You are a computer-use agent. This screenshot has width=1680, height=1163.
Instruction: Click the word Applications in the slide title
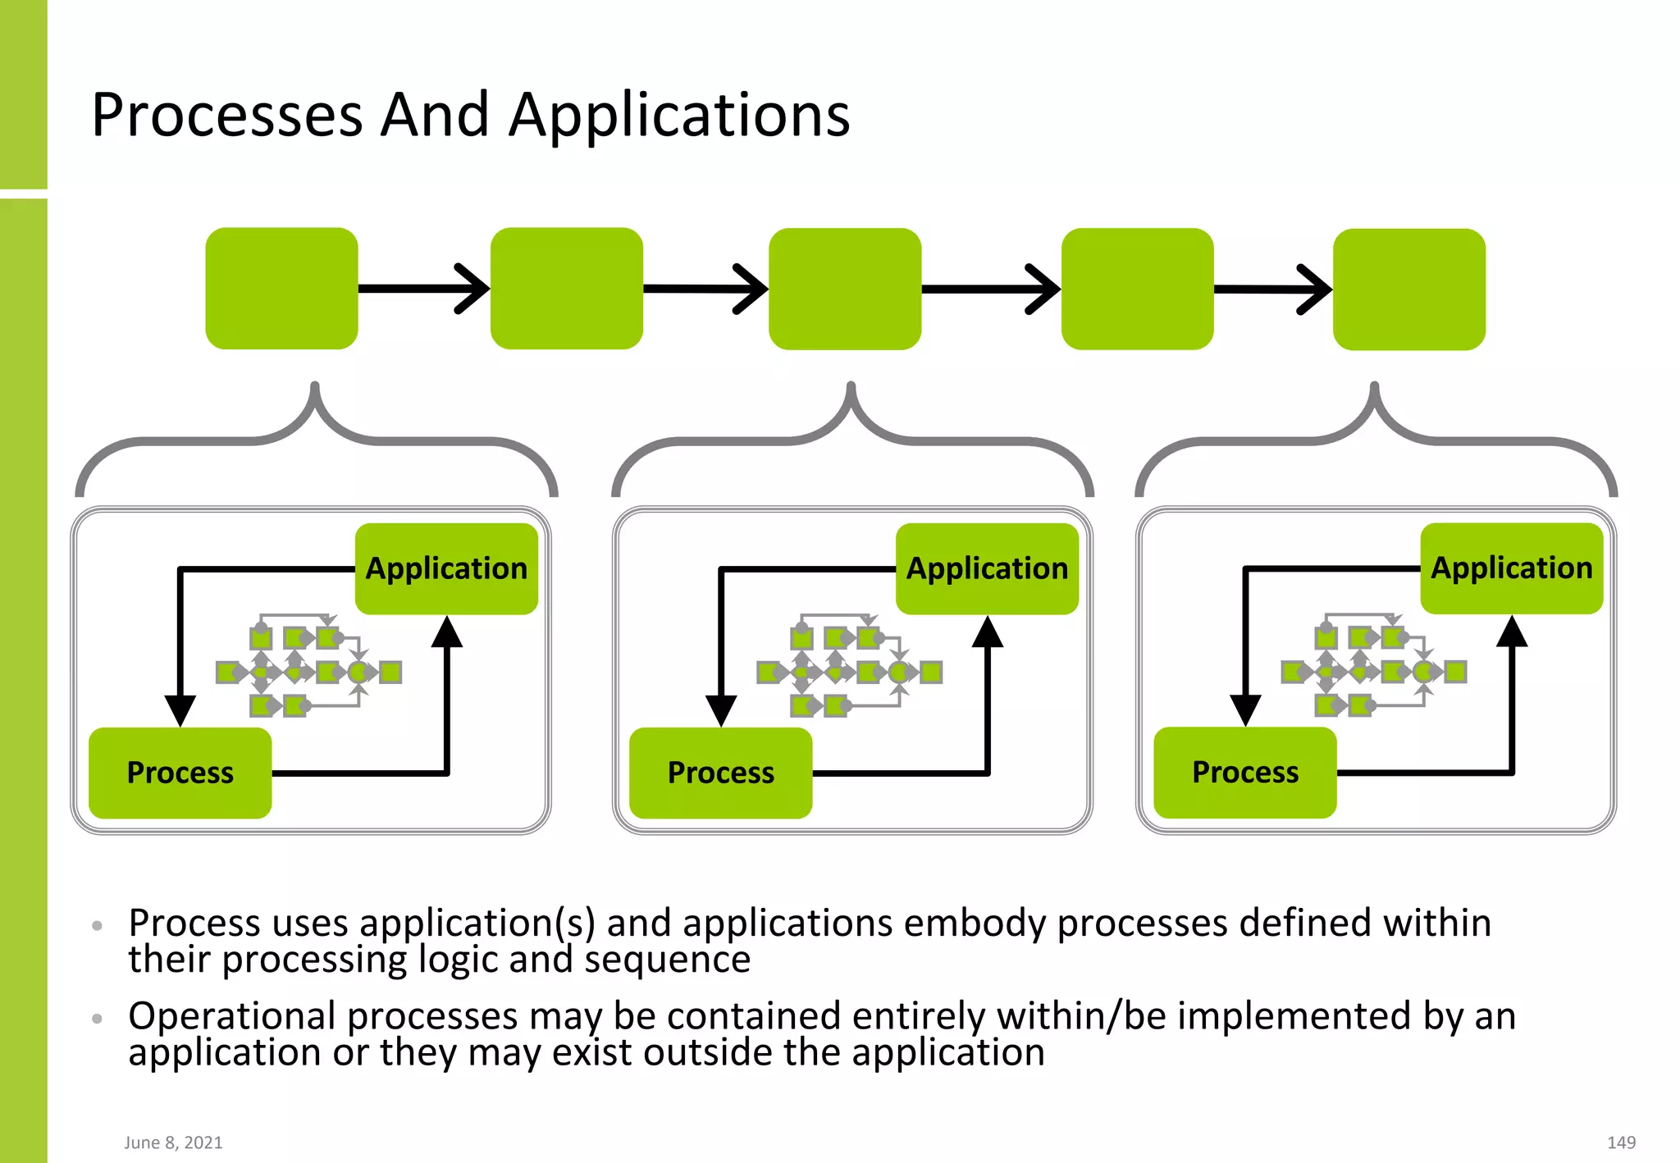pos(679,116)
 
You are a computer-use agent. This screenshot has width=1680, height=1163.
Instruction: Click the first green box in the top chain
pos(281,289)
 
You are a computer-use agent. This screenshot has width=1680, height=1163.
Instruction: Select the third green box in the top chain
pos(845,289)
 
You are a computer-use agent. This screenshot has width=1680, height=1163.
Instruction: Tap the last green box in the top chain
pos(1408,290)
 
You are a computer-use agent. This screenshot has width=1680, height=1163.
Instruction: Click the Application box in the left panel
pos(446,568)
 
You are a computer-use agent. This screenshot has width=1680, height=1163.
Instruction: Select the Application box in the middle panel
pos(987,568)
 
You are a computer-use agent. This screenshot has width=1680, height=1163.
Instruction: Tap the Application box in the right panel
pos(1511,568)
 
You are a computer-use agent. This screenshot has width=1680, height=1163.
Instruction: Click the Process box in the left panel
pos(180,773)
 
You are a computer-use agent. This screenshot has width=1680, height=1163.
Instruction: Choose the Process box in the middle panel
pos(720,773)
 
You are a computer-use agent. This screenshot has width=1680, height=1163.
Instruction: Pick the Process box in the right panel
pos(1244,772)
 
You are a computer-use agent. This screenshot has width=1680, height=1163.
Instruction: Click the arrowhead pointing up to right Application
pos(1511,632)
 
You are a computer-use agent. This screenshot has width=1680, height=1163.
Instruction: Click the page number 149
pos(1621,1142)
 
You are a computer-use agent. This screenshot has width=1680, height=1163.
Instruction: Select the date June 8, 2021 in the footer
pos(173,1142)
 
